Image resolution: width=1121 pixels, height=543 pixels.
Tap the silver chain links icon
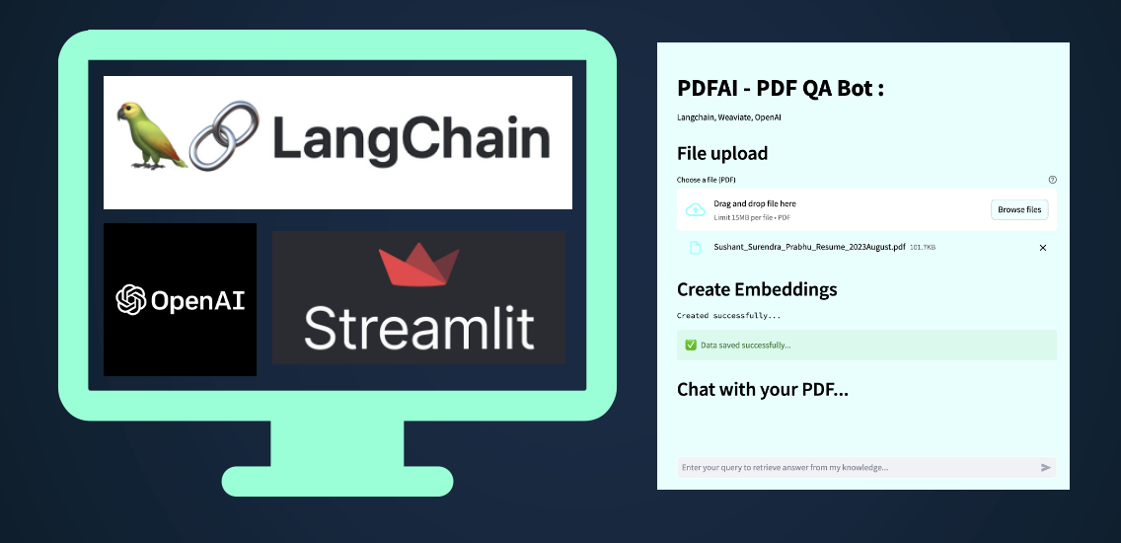[224, 135]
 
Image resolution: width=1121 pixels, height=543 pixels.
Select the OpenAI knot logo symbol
[131, 300]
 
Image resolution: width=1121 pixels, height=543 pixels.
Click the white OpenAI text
[197, 300]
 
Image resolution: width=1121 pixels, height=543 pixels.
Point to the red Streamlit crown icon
[419, 265]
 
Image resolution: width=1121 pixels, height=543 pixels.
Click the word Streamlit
[419, 326]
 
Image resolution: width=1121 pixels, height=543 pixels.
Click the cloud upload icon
[696, 209]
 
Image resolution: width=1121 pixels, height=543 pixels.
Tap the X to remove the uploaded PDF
[1042, 248]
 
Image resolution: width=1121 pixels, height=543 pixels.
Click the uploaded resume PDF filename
[809, 247]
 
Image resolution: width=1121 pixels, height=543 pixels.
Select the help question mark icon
[1052, 180]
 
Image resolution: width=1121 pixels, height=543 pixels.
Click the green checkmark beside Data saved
[691, 345]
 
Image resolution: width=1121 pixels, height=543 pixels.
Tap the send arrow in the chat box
[1045, 468]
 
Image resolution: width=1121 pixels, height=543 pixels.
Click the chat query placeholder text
[785, 468]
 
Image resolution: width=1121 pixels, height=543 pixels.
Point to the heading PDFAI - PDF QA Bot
[780, 89]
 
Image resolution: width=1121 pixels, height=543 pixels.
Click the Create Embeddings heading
[757, 289]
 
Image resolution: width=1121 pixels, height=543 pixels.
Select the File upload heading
[722, 154]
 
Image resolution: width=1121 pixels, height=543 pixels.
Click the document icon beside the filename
[695, 248]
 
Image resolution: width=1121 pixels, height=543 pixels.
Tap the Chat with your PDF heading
[762, 390]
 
